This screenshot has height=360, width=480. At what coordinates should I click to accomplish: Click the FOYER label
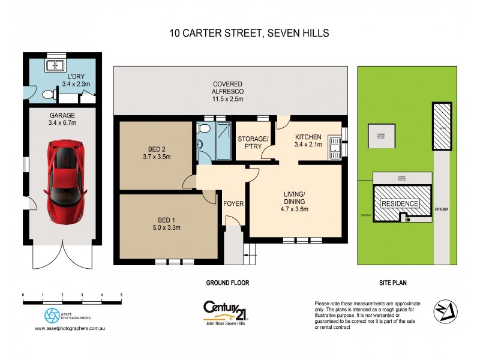233,204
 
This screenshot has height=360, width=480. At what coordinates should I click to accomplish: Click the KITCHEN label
308,137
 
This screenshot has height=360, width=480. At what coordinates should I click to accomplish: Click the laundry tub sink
55,66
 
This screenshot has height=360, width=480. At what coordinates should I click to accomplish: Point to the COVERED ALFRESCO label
231,91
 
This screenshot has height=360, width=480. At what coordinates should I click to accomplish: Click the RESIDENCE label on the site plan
400,203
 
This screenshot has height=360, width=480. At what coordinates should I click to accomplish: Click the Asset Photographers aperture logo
52,316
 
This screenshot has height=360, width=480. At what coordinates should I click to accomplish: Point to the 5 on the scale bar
121,295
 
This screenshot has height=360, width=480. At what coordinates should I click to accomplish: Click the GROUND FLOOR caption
228,283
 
